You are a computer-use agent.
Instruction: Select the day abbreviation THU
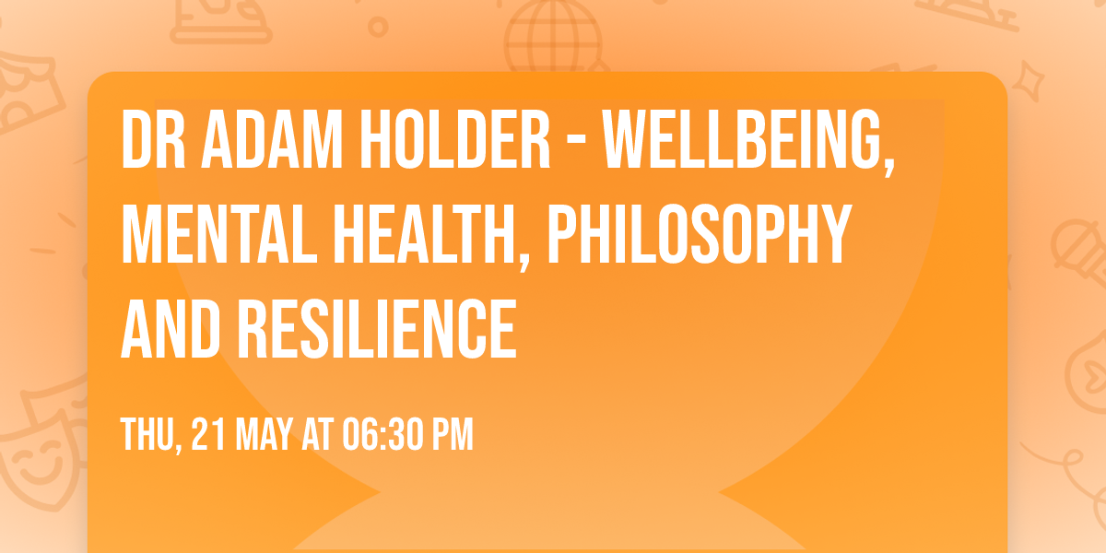147,434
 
